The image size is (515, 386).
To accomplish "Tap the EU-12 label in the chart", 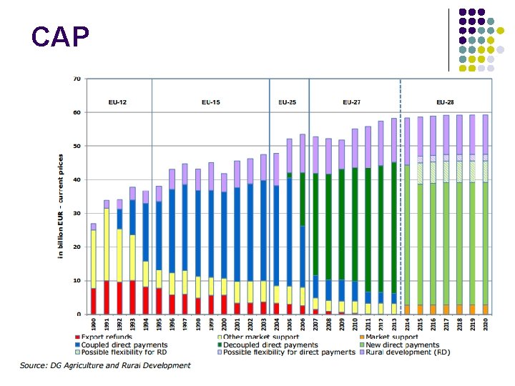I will tap(119, 103).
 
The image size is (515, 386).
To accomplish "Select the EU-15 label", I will tap(210, 103).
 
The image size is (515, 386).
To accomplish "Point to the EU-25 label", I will tap(288, 103).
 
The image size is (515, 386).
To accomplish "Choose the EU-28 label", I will tap(445, 103).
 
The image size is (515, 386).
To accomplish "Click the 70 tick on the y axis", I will tap(77, 79).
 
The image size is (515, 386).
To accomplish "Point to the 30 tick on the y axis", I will tap(77, 213).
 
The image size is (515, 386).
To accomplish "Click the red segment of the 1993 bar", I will tap(132, 297).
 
